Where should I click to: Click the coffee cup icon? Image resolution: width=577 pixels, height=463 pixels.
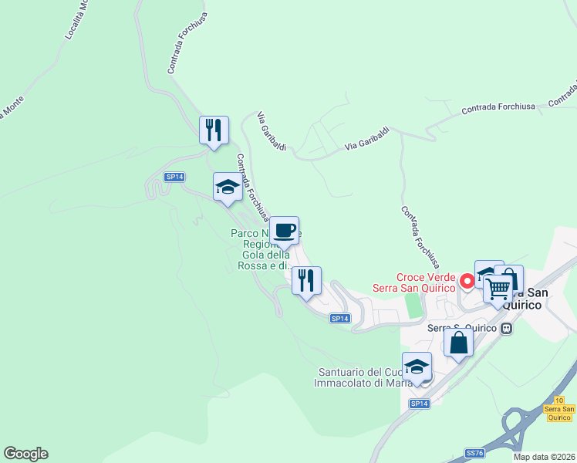[x=284, y=230]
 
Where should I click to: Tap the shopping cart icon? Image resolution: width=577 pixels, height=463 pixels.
[x=498, y=289]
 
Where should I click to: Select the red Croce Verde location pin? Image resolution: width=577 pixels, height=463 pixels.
[x=466, y=281]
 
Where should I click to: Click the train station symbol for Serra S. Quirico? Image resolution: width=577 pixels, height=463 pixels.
[x=507, y=327]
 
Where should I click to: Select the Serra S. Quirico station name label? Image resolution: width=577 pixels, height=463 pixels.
[x=463, y=327]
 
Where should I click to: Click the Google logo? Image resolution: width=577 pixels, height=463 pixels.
[x=25, y=454]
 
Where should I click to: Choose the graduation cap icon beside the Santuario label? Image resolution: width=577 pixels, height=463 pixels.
[x=417, y=367]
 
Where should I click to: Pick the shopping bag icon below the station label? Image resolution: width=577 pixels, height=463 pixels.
[x=458, y=342]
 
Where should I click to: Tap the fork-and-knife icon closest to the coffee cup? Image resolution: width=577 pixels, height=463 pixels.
[x=306, y=281]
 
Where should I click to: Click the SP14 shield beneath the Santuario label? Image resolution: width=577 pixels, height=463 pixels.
[x=419, y=404]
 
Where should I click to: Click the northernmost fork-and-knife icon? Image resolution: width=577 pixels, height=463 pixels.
[x=214, y=130]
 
